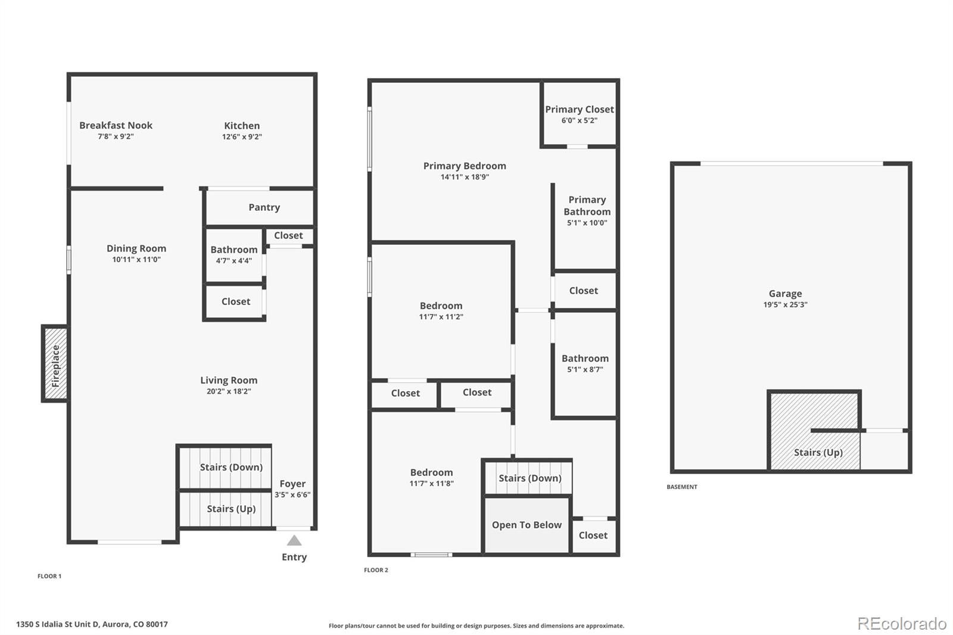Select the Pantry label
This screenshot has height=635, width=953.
[264, 207]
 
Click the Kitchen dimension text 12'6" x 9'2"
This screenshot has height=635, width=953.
[242, 136]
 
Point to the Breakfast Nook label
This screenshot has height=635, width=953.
[116, 125]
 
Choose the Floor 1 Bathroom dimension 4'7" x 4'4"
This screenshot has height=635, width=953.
[233, 260]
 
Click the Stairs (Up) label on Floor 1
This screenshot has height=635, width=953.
[231, 509]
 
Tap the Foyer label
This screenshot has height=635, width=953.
[292, 484]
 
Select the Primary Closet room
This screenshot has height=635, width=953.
[579, 114]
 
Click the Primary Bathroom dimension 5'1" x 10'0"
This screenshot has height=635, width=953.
[587, 223]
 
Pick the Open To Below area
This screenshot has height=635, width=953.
[527, 525]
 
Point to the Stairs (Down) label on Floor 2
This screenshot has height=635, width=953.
[530, 478]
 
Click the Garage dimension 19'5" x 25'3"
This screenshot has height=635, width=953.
[785, 304]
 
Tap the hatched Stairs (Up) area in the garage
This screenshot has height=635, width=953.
[814, 430]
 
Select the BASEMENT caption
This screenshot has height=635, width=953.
[681, 487]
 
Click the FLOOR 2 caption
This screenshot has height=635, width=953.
[376, 570]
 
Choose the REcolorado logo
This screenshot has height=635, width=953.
[902, 624]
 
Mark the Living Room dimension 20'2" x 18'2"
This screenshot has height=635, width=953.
[229, 391]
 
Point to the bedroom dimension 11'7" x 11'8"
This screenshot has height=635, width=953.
[431, 484]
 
